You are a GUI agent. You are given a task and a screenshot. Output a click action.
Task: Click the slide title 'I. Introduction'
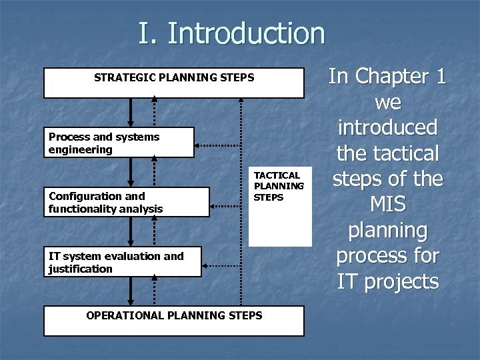(x=231, y=33)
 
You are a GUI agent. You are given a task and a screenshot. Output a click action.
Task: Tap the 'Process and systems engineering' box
(x=119, y=143)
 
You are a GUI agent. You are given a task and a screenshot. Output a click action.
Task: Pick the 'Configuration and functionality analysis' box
(x=127, y=202)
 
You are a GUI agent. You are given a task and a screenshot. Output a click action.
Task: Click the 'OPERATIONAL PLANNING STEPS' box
(x=174, y=320)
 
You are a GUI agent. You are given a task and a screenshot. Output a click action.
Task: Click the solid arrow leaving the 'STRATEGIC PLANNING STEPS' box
(x=131, y=111)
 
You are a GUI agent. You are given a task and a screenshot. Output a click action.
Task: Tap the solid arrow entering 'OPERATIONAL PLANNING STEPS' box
(x=131, y=291)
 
